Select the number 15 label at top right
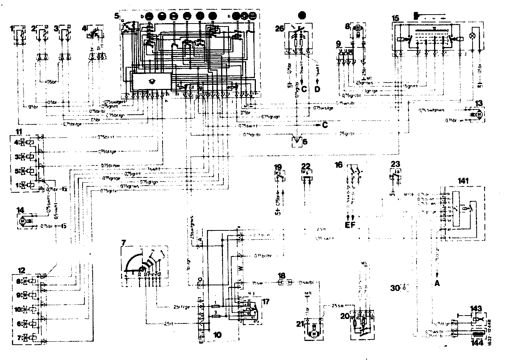pyautogui.click(x=395, y=18)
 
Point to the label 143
pyautogui.click(x=476, y=308)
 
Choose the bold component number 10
pyautogui.click(x=217, y=335)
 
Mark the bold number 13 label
pyautogui.click(x=479, y=103)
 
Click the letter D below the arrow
pyautogui.click(x=317, y=90)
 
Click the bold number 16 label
pyautogui.click(x=338, y=165)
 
